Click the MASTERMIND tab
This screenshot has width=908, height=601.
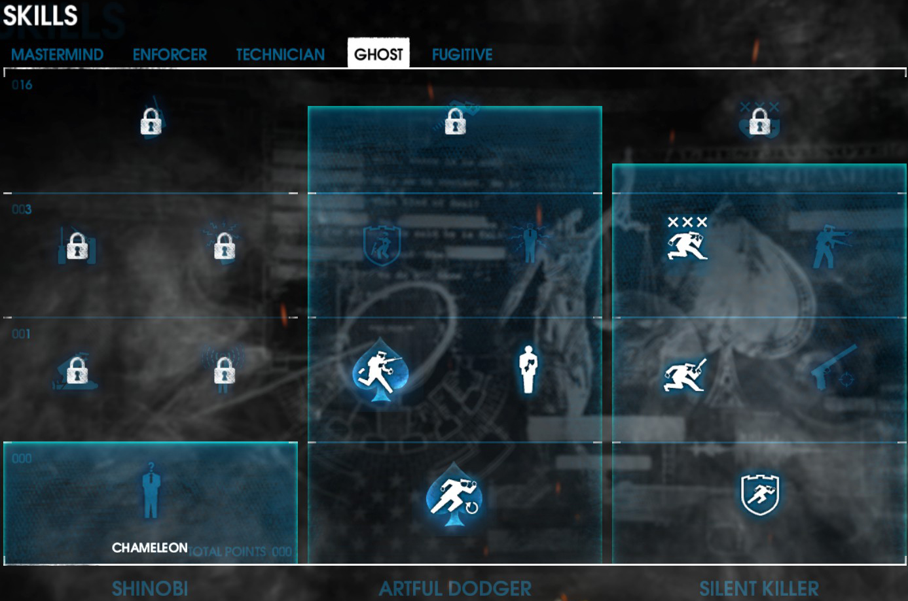57,54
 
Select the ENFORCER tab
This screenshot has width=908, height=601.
170,54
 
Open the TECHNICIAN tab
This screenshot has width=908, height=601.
280,54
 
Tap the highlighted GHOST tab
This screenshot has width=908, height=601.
378,54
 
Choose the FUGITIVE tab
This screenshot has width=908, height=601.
462,54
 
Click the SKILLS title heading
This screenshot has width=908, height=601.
40,15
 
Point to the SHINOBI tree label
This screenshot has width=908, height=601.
150,589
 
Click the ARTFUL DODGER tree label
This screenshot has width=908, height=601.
455,589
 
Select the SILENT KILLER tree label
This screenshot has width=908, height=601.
759,589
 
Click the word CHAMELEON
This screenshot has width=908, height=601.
149,547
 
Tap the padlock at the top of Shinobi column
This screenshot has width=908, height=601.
151,122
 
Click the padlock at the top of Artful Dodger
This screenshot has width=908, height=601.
455,122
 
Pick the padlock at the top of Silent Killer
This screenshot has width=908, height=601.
759,122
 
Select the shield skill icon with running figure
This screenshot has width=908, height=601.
759,494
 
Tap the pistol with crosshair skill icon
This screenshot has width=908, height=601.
832,369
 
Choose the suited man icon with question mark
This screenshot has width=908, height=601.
151,490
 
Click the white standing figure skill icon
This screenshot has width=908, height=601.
528,369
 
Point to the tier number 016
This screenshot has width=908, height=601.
22,84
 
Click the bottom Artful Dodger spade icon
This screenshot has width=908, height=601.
454,496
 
